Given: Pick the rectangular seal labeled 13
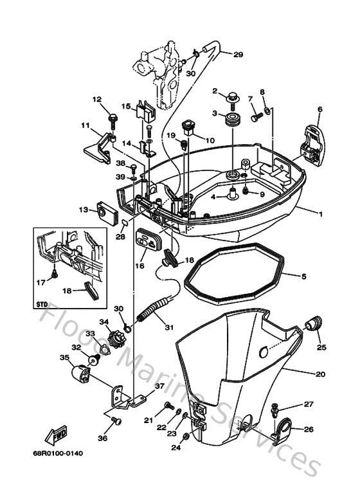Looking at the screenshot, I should click(102, 210).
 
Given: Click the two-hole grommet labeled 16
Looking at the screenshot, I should click(148, 240).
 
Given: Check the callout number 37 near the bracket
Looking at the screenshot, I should click(160, 387).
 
